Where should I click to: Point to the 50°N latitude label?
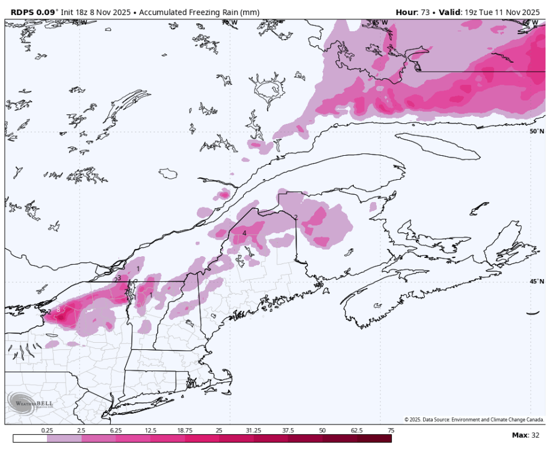(x=537, y=131)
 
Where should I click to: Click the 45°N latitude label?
(x=537, y=281)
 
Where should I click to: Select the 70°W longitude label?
(x=229, y=23)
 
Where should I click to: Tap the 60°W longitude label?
(x=530, y=23)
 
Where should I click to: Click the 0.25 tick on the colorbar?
(x=47, y=431)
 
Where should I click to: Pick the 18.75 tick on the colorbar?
(x=185, y=431)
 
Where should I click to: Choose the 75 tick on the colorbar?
(x=391, y=431)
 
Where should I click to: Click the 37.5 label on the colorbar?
(x=288, y=431)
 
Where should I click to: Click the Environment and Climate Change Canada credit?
(x=474, y=420)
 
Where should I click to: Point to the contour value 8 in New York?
(x=58, y=310)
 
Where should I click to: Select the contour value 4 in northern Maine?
(x=244, y=233)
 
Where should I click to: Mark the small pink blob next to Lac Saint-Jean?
(x=224, y=194)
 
